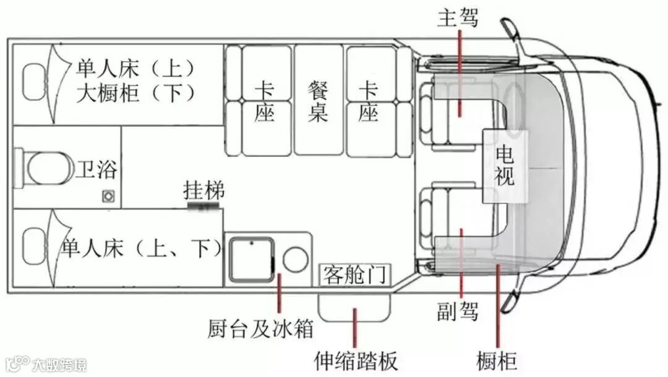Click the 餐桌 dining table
coord(318,101)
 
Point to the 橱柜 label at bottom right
coord(497,360)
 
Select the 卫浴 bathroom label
coord(96,168)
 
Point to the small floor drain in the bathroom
coord(109,196)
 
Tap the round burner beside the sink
coord(295,260)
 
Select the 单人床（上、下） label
coord(141,248)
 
